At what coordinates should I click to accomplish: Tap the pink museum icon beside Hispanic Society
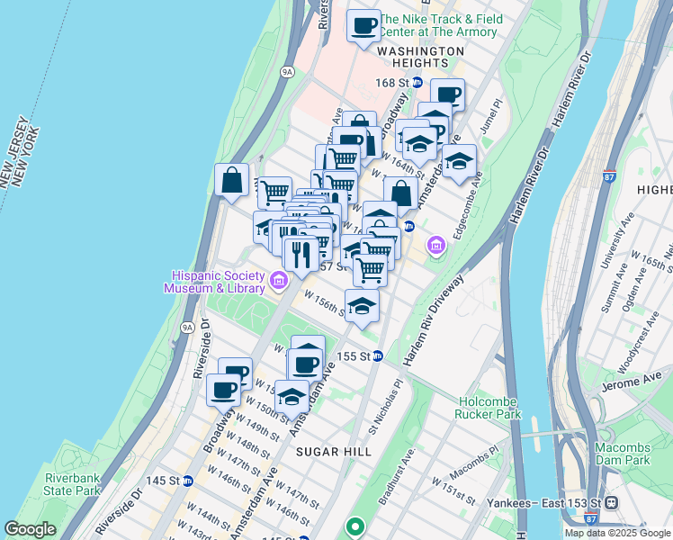coord(279,283)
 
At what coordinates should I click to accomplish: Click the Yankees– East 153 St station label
coord(557,502)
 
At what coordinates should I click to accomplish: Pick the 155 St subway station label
coord(354,356)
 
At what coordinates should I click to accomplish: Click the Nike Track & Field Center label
coord(438,25)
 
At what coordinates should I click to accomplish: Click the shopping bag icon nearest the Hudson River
coord(232,179)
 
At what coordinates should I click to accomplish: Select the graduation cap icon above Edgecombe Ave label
coord(460,161)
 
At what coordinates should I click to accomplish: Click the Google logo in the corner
coord(31,529)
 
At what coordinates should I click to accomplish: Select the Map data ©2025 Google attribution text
coord(617,533)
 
